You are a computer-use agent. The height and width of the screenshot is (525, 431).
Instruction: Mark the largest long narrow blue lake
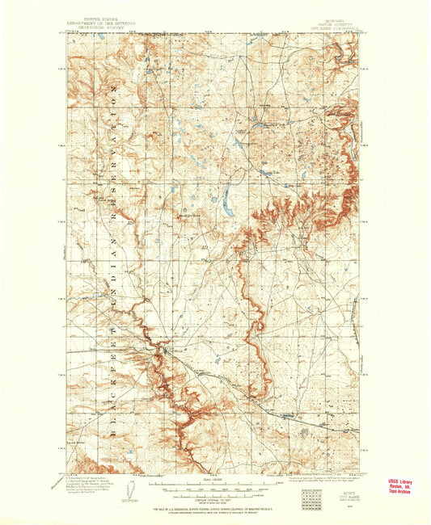pyautogui.click(x=227, y=197)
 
